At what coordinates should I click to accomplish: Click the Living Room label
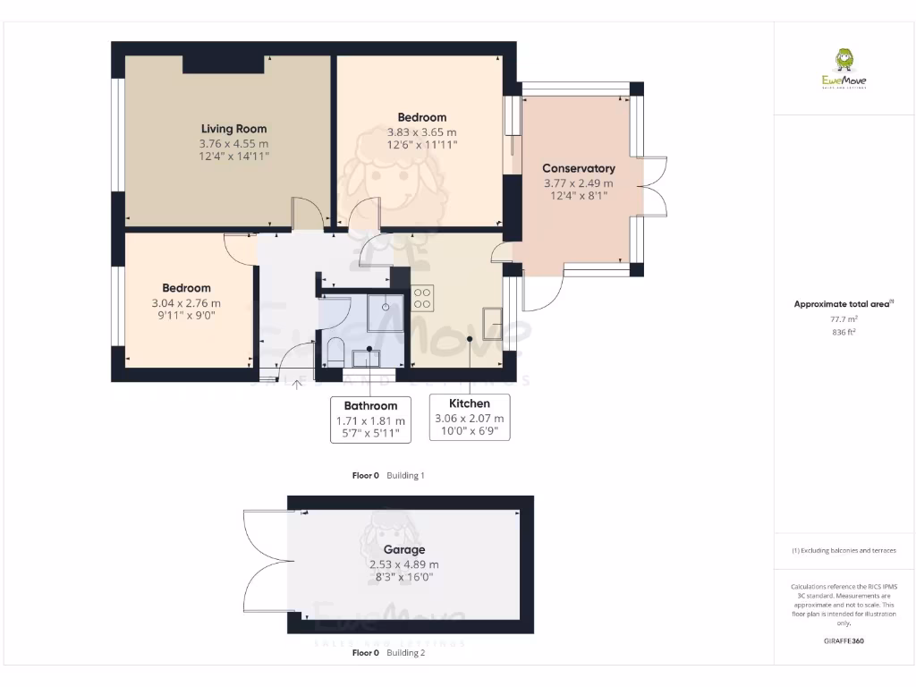pos(233,129)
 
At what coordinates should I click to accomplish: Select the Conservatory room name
pos(579,168)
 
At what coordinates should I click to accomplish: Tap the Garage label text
pos(404,549)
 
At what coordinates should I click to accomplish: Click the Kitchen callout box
pos(469,418)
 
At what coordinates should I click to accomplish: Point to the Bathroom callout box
pos(370,420)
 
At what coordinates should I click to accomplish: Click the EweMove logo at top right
pos(844,71)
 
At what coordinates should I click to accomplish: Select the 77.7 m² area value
pos(844,318)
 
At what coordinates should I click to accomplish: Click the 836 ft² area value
pos(844,332)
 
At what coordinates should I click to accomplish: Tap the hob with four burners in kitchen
pos(423,298)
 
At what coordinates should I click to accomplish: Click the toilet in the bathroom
pos(334,351)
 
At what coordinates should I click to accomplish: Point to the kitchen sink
pos(493,323)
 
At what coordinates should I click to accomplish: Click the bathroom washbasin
pos(366,358)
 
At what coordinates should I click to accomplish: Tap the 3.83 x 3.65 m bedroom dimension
pos(421,132)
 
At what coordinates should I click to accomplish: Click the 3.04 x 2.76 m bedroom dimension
pos(186,302)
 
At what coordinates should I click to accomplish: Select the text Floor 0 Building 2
pos(388,653)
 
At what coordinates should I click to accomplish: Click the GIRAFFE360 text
pos(844,641)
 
